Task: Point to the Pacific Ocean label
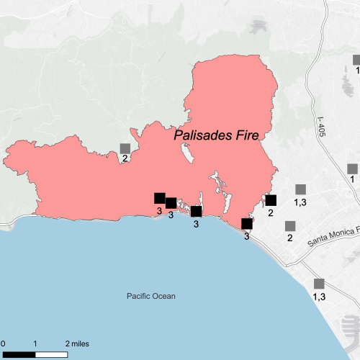(150, 296)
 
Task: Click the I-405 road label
(321, 127)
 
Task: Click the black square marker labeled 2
(271, 200)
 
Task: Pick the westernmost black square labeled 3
(160, 199)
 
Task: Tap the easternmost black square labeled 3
(247, 224)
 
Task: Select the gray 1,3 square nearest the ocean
(319, 284)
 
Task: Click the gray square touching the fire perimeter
(125, 148)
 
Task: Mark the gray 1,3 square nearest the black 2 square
(300, 189)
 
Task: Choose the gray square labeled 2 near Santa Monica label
(290, 226)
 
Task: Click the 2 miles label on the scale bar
(78, 343)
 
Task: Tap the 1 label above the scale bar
(36, 343)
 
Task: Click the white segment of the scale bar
(53, 354)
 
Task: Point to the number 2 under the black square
(271, 212)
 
